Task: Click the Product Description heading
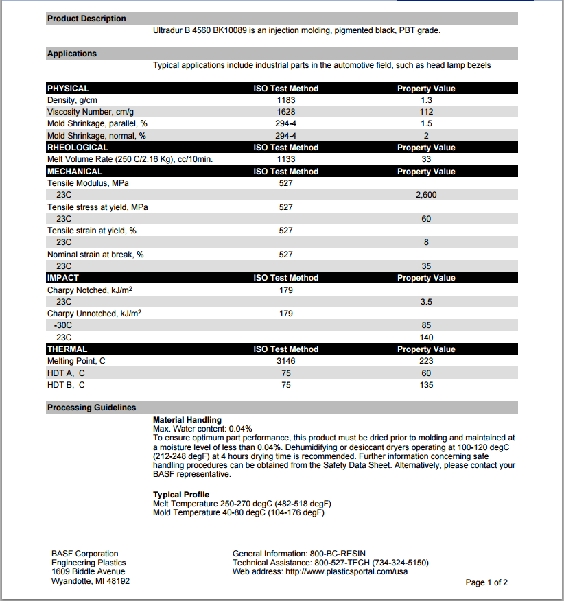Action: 86,19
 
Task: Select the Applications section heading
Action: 72,54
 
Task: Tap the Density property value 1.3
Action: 426,100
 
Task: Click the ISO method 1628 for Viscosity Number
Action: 286,112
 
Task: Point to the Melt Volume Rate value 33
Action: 426,159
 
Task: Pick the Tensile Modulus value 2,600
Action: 426,195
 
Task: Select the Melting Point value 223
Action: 426,361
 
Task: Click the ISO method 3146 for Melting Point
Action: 286,361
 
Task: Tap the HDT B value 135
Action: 426,385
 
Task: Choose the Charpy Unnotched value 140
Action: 426,338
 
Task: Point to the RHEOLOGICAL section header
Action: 78,148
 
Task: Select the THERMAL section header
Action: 67,349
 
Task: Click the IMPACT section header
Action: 63,278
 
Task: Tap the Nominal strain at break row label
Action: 95,255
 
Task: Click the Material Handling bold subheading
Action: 187,420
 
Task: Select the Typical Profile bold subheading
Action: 181,495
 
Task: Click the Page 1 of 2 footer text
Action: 486,582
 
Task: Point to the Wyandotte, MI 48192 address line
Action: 91,581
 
